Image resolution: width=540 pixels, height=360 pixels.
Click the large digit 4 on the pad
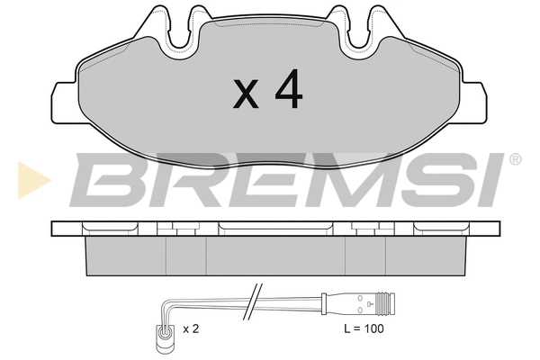(x=289, y=89)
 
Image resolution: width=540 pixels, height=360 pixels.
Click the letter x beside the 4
(x=246, y=93)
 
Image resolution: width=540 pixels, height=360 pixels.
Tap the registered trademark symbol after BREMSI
(x=515, y=159)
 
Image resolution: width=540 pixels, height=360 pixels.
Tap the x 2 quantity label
(x=191, y=329)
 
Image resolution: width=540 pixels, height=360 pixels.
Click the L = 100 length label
(x=364, y=328)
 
